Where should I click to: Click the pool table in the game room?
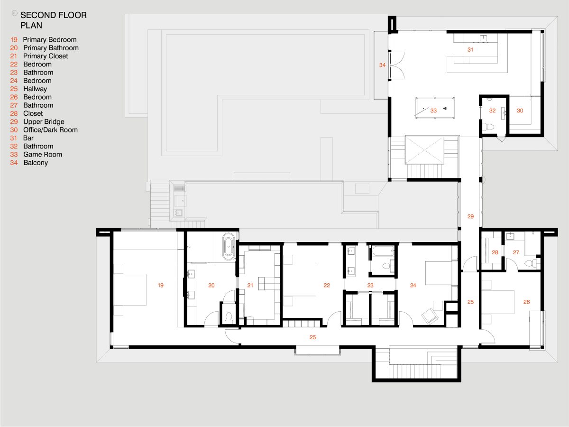435,108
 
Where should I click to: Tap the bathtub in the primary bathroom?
229,247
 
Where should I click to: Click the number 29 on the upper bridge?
470,216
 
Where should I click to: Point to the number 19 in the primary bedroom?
161,285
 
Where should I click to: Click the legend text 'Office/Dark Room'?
50,130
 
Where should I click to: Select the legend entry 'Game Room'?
43,155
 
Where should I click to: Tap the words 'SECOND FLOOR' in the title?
54,15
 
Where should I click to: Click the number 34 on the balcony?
382,65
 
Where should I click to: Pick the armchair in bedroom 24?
430,316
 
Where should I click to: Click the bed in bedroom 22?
300,280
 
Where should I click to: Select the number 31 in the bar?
470,49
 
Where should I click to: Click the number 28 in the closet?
495,252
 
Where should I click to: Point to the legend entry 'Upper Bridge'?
44,121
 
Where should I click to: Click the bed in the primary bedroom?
130,289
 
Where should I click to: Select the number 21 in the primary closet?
250,285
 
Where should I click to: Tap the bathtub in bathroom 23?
383,251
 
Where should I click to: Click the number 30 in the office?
520,111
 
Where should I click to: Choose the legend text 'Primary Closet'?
46,56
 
